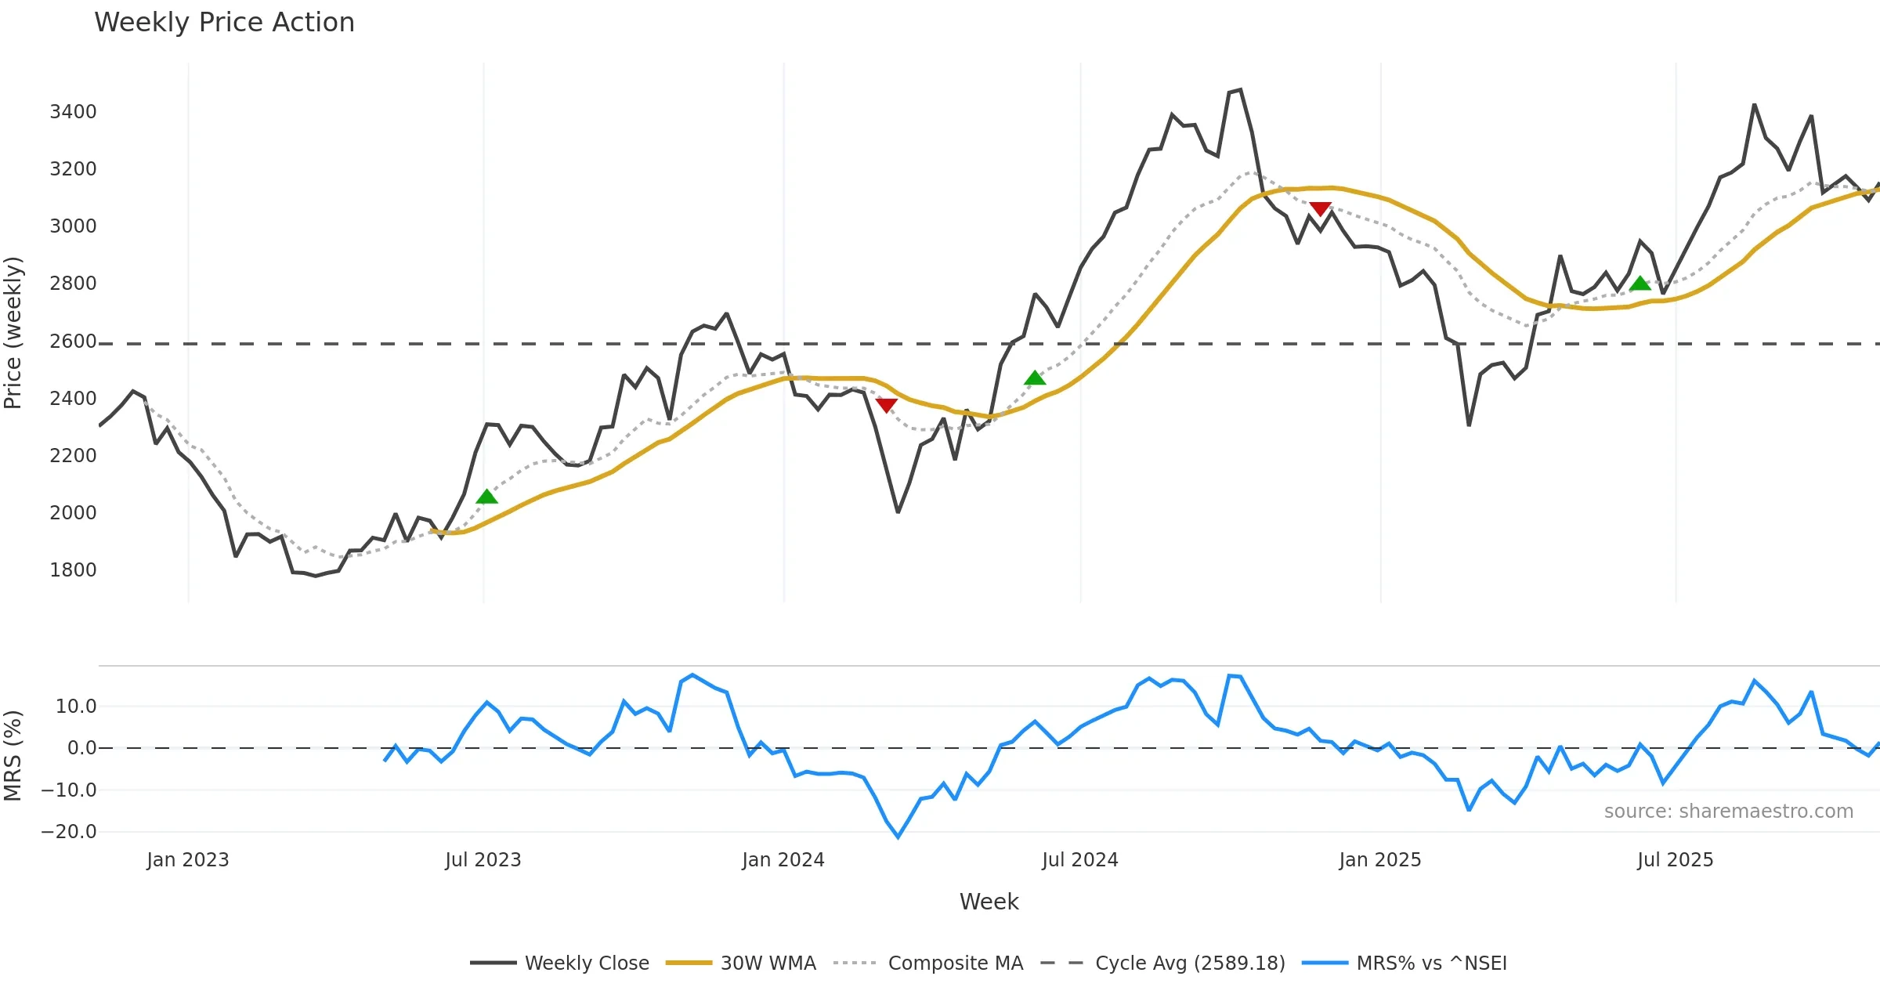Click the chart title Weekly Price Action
click(224, 23)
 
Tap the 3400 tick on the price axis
click(73, 112)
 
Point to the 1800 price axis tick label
click(73, 570)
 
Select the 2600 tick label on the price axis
click(73, 342)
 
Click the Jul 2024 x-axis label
click(1079, 860)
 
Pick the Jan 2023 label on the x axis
click(188, 860)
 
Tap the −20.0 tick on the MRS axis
click(69, 832)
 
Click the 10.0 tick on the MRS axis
click(76, 707)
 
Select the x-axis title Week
click(989, 902)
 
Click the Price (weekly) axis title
click(13, 333)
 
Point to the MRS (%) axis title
click(13, 755)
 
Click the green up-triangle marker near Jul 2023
click(486, 497)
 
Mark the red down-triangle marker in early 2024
click(886, 405)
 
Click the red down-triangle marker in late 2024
click(1320, 209)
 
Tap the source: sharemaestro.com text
click(1728, 812)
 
